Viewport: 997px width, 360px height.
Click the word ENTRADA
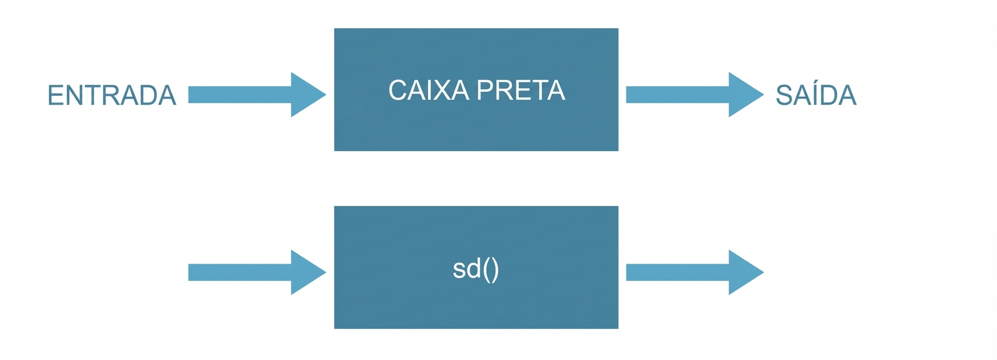111,96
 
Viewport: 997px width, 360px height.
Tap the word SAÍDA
815,96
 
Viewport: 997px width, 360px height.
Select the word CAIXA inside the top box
429,91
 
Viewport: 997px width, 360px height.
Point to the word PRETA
521,91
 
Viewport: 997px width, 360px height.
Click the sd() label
475,269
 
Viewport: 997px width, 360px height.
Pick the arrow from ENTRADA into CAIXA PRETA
248,95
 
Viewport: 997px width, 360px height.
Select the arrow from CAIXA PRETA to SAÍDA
687,95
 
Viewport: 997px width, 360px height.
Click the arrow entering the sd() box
248,272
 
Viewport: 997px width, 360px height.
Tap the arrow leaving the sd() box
687,272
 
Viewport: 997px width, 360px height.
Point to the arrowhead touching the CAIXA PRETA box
307,95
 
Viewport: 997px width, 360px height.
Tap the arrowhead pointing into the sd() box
307,272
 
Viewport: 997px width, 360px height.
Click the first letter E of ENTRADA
55,96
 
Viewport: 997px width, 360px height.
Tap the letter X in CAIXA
447,91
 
